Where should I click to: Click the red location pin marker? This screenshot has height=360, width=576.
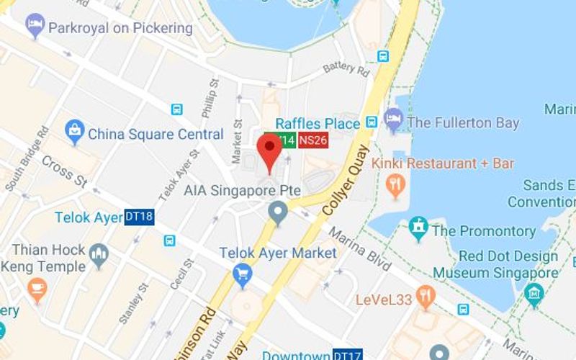[x=269, y=148]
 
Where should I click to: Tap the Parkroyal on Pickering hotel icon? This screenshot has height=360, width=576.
[x=35, y=27]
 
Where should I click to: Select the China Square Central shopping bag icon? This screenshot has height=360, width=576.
[x=74, y=132]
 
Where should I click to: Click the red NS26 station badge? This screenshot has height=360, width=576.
[x=313, y=141]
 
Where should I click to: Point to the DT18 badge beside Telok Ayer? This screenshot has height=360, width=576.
[x=139, y=217]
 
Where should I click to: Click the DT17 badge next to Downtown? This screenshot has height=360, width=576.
[x=348, y=355]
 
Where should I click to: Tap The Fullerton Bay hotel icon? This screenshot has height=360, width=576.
[x=393, y=120]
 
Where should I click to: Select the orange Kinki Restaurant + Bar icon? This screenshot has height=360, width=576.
[x=395, y=186]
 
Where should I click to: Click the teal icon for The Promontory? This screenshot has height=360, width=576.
[x=418, y=229]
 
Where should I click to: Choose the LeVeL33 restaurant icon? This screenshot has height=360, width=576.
[x=426, y=295]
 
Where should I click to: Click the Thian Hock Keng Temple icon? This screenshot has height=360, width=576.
[x=99, y=253]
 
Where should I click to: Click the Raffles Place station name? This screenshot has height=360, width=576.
[x=317, y=123]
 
